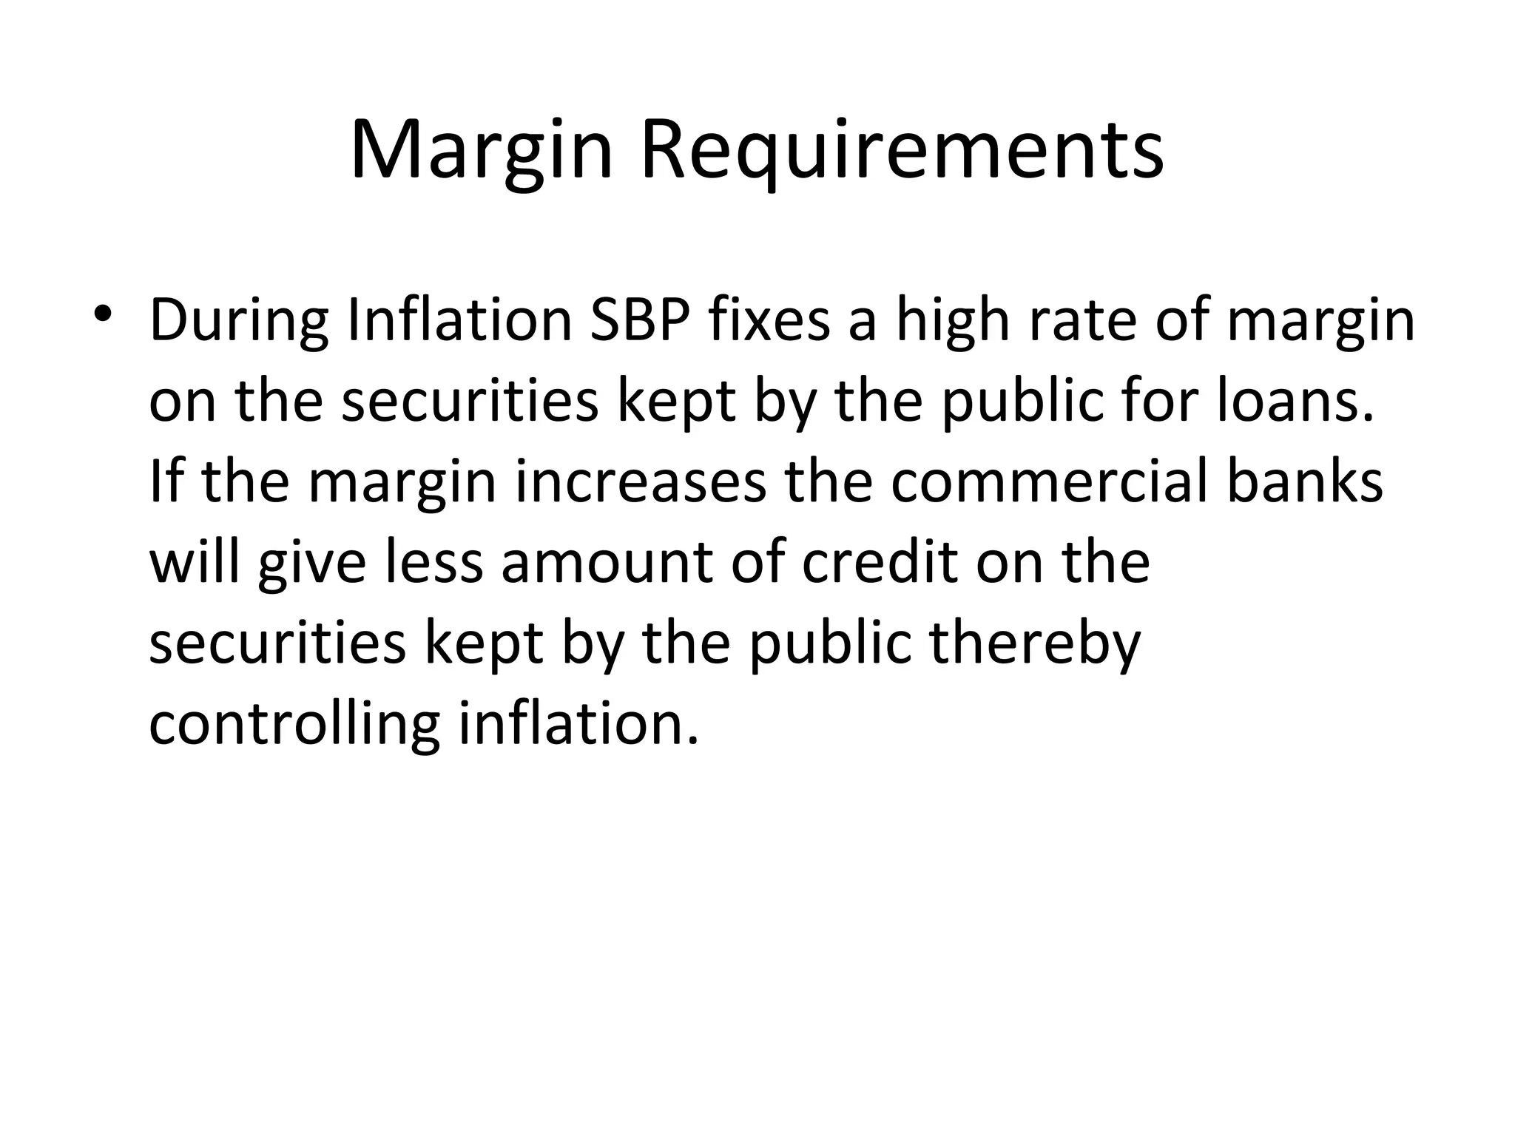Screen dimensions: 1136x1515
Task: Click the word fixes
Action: click(770, 320)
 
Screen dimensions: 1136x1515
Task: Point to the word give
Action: click(312, 564)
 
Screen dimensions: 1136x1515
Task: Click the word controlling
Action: click(294, 725)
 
